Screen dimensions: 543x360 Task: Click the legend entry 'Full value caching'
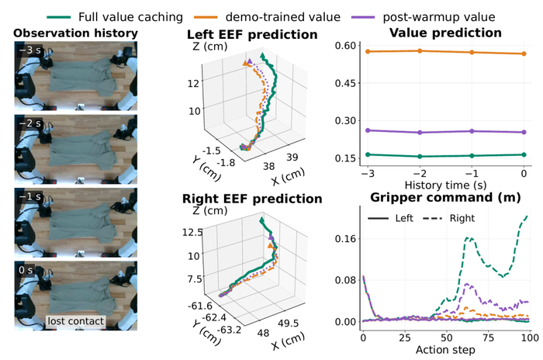click(115, 17)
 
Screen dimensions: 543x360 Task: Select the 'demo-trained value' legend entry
click(268, 17)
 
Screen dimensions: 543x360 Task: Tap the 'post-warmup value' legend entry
click(424, 17)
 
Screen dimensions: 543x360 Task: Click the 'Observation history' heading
click(75, 33)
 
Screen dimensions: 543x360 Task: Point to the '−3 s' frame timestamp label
click(29, 50)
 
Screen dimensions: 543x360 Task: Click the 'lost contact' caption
click(75, 321)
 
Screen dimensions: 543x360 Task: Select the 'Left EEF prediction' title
click(252, 35)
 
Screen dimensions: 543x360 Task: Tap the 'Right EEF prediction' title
click(252, 199)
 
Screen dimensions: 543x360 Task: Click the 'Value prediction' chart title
click(445, 33)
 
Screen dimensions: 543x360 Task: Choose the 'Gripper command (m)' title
click(445, 198)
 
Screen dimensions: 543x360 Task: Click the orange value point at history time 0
click(524, 54)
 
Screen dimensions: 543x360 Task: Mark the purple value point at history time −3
click(368, 130)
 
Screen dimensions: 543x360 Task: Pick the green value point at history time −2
click(420, 156)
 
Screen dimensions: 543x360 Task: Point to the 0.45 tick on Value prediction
click(345, 83)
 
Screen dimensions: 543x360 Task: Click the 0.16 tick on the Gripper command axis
click(345, 239)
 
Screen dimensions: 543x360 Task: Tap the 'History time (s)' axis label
click(445, 185)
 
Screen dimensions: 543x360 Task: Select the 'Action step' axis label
click(445, 350)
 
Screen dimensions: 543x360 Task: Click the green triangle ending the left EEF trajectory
click(262, 55)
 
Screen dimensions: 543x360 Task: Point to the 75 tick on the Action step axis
click(488, 337)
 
